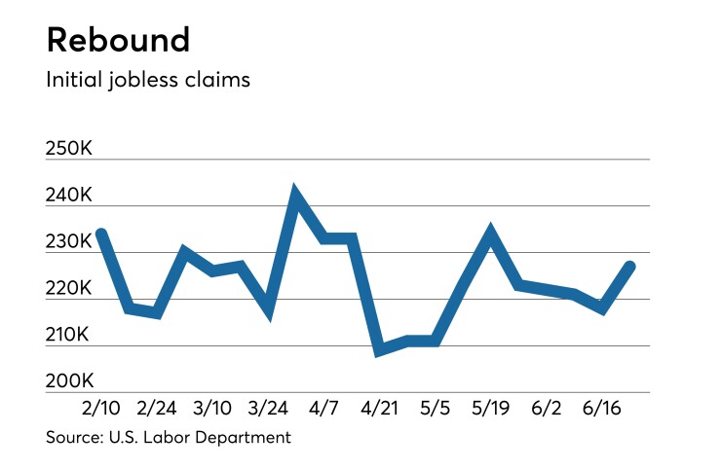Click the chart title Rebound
(x=118, y=40)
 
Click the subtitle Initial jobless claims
(x=148, y=80)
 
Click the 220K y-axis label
(x=69, y=289)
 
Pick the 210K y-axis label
(x=69, y=336)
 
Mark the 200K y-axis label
(x=69, y=381)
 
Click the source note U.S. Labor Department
(x=168, y=438)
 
